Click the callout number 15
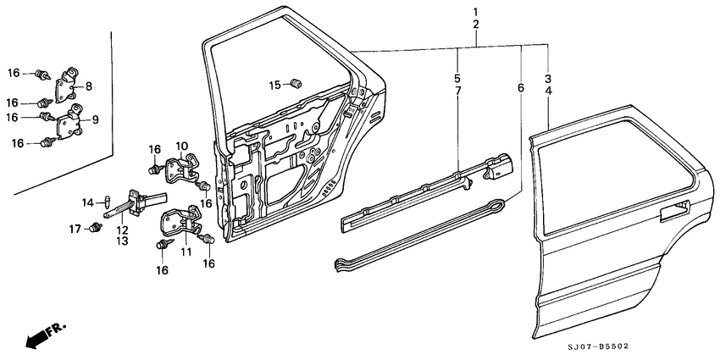[x=274, y=85]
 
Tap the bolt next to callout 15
[x=296, y=83]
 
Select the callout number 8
[x=89, y=86]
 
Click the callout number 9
[x=95, y=120]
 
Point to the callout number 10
[x=181, y=147]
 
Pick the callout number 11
[x=186, y=252]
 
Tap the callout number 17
[x=75, y=228]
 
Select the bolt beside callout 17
[x=93, y=227]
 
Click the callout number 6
[x=520, y=88]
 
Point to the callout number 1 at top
[x=475, y=11]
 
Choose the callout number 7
[x=457, y=90]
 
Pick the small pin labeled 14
[x=107, y=202]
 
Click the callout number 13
[x=122, y=241]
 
